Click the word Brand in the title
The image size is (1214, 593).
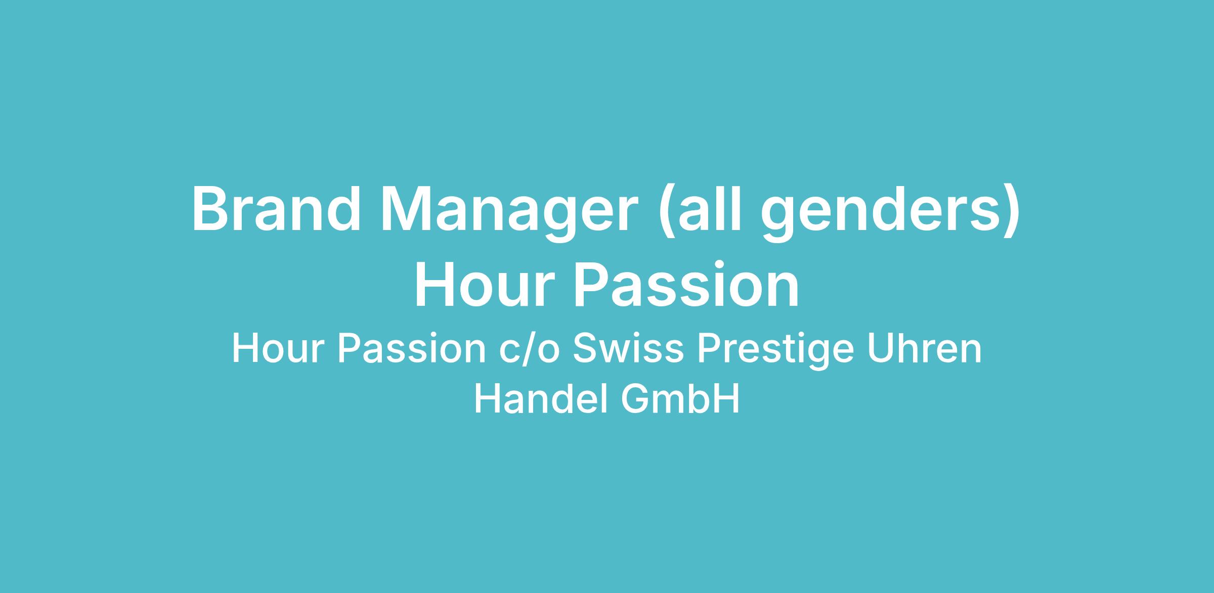point(276,210)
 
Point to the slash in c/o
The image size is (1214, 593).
point(530,350)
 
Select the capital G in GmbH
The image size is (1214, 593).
point(635,399)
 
